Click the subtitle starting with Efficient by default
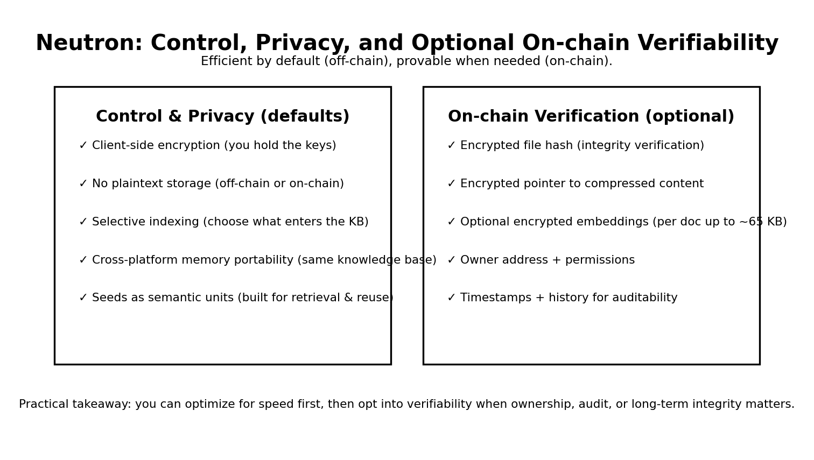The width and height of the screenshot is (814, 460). pyautogui.click(x=406, y=61)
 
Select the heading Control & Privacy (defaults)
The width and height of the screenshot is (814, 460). pyautogui.click(x=222, y=117)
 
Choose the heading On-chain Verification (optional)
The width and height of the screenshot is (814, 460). pyautogui.click(x=591, y=117)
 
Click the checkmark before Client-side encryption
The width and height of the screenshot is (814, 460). pyautogui.click(x=83, y=146)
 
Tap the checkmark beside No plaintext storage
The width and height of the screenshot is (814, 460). pyautogui.click(x=83, y=184)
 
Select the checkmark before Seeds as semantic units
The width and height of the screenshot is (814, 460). pyautogui.click(x=83, y=298)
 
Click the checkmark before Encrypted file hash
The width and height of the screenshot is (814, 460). pyautogui.click(x=451, y=146)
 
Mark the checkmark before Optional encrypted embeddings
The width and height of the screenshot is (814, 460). pyautogui.click(x=451, y=222)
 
